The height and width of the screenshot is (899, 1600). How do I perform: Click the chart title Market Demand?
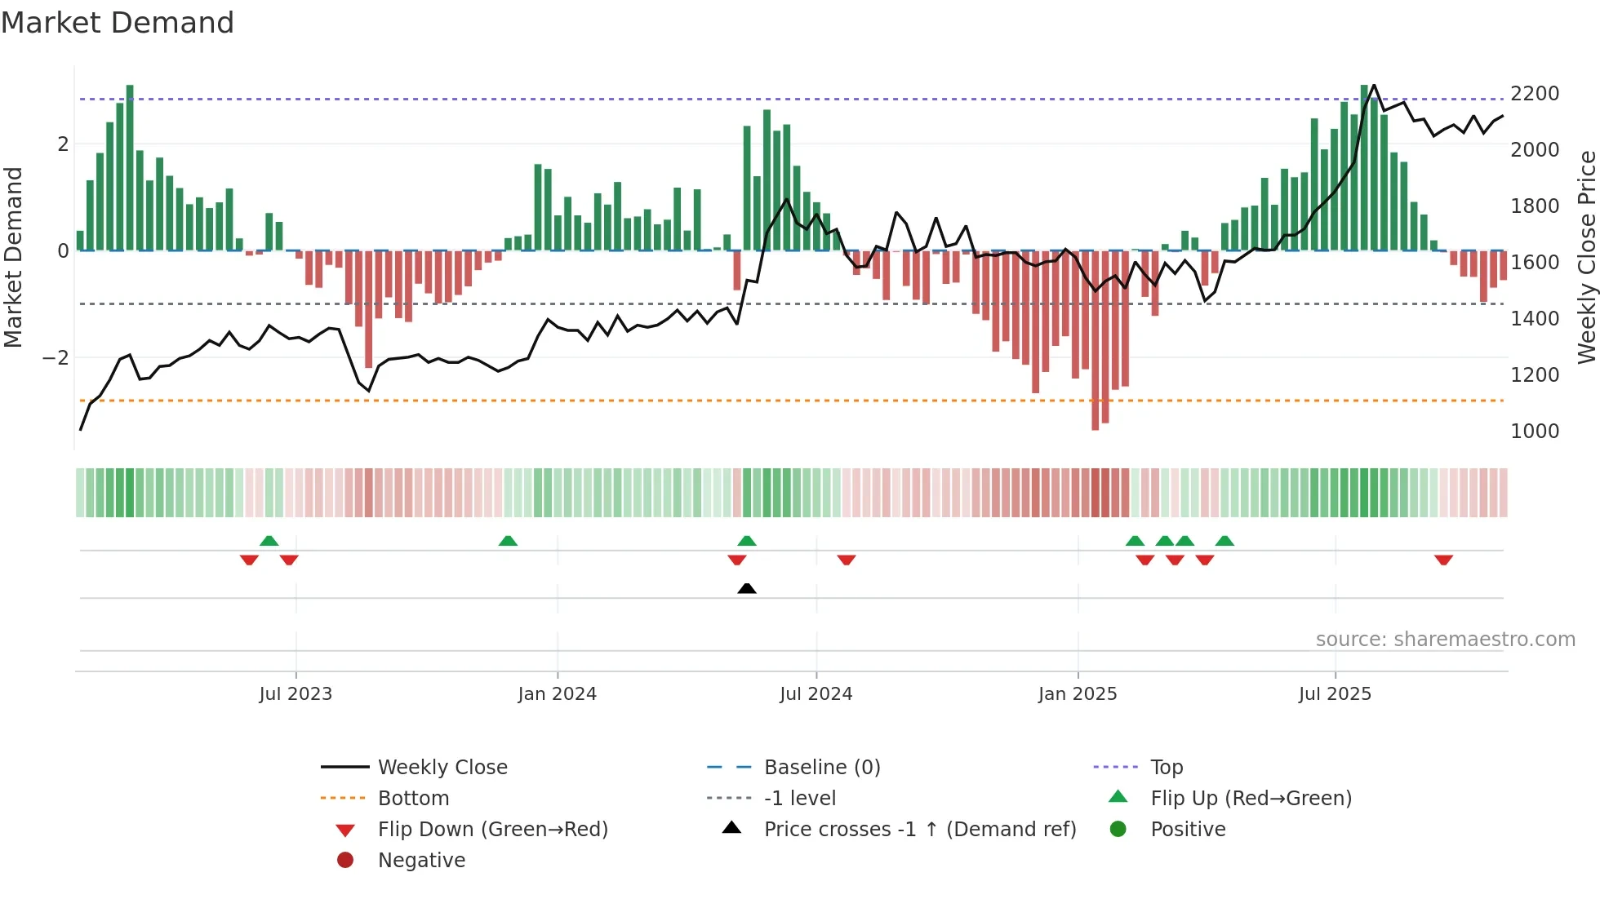tap(118, 23)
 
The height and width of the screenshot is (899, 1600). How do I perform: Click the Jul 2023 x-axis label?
tap(296, 694)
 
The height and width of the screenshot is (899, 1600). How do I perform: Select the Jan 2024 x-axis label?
tap(557, 694)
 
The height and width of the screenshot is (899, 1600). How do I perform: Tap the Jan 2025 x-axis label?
tap(1078, 694)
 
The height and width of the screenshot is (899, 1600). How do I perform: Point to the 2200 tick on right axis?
tap(1535, 94)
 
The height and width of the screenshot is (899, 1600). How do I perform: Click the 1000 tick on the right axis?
tap(1535, 432)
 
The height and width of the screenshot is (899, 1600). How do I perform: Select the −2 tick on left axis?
tap(56, 358)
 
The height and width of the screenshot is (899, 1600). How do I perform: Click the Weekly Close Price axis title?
tap(1586, 257)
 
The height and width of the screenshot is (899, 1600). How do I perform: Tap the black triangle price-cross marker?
tap(746, 588)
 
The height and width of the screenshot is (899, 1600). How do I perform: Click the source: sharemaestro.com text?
tap(1445, 640)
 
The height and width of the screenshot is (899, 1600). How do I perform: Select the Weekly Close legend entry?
tap(442, 768)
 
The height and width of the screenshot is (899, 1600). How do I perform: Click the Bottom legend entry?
tap(413, 799)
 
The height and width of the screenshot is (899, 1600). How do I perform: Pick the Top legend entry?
tap(1167, 768)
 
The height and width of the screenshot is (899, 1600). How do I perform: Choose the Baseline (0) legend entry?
tap(821, 768)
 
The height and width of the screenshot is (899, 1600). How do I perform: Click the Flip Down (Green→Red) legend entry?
tap(492, 830)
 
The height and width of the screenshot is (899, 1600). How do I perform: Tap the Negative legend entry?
tap(421, 861)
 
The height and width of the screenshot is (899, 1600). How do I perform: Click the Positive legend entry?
tap(1188, 830)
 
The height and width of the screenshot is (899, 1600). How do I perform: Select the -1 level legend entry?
tap(799, 799)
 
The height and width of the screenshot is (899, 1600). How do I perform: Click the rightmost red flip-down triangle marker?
tap(1443, 560)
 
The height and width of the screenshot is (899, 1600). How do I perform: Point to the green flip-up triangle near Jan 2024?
tap(508, 541)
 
